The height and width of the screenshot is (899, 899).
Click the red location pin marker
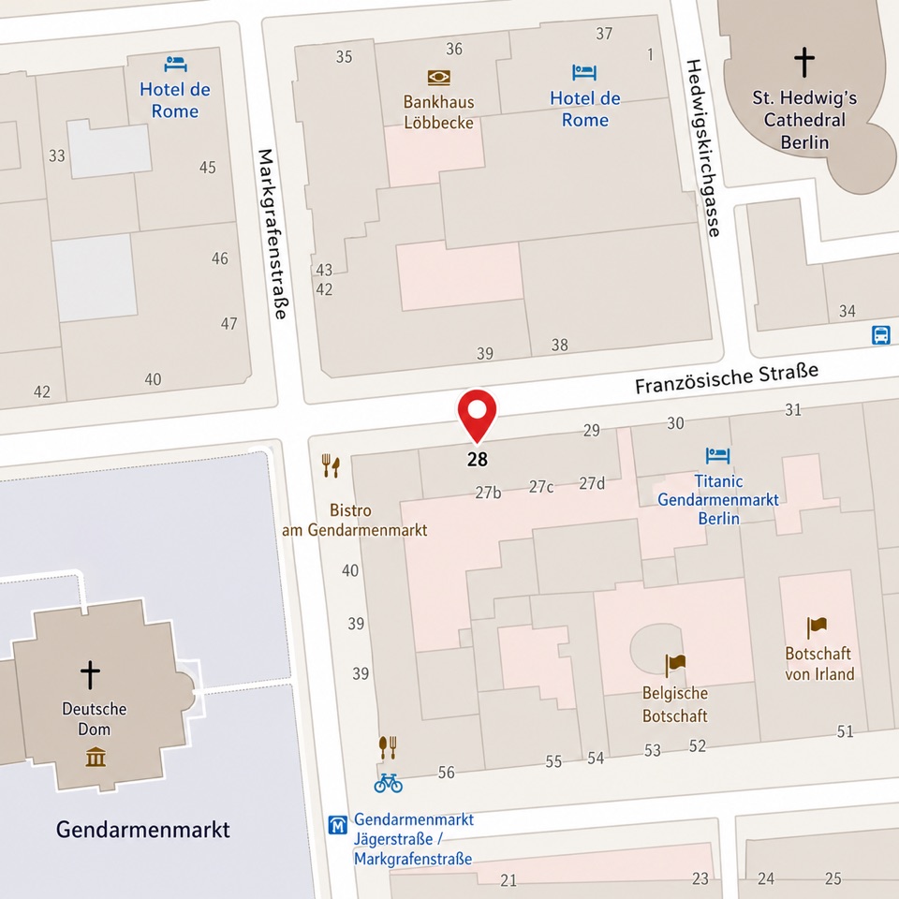click(x=477, y=413)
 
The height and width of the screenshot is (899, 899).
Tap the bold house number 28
click(x=477, y=460)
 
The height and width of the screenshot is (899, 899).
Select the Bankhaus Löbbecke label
click(x=438, y=112)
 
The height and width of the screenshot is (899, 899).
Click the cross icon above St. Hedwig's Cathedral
click(x=803, y=62)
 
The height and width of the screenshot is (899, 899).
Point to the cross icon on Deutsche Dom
click(x=90, y=674)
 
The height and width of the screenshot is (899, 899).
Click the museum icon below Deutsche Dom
click(x=96, y=756)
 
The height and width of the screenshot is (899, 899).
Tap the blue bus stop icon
click(x=880, y=335)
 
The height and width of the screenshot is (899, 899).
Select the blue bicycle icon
click(x=388, y=783)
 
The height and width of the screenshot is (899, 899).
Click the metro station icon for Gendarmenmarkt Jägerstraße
click(x=338, y=825)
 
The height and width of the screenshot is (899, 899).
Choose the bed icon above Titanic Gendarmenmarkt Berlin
click(x=717, y=456)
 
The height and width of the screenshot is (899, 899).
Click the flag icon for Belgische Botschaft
click(x=675, y=665)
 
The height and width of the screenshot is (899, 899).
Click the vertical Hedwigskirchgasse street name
click(x=703, y=148)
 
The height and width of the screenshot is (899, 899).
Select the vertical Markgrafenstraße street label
click(x=272, y=234)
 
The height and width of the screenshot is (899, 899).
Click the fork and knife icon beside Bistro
click(x=331, y=465)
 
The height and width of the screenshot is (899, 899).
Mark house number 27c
click(x=540, y=486)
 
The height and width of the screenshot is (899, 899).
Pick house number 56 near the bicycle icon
click(x=446, y=773)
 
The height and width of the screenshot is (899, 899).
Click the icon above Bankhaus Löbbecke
click(x=438, y=77)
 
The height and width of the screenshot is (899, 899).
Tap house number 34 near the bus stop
click(x=847, y=311)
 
